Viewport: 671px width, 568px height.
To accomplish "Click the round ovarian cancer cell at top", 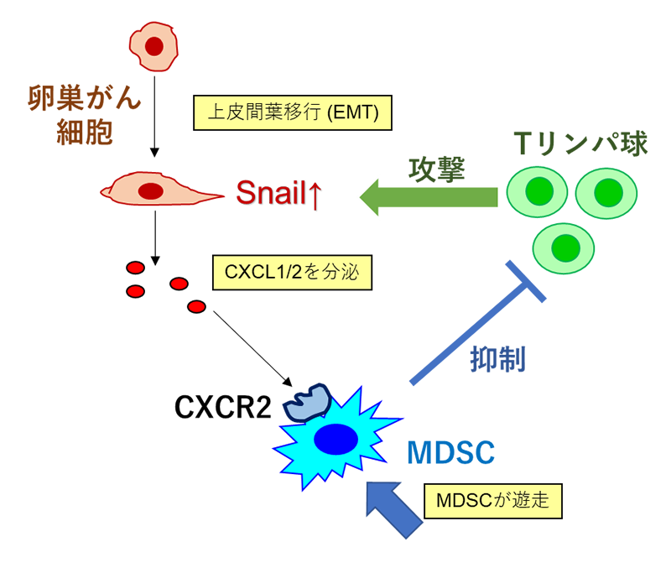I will coord(154,47).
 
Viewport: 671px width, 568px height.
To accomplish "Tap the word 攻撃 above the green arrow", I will coord(435,168).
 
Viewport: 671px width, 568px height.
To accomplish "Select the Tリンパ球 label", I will coord(582,143).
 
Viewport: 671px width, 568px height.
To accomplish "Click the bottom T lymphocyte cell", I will coord(565,248).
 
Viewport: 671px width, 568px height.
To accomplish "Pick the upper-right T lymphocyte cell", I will coord(606,195).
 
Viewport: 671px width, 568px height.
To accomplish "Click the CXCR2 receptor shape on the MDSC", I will coord(307,401).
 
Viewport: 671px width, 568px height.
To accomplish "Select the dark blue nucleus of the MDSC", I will coord(334,438).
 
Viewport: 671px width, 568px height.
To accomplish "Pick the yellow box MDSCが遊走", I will coord(493,501).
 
